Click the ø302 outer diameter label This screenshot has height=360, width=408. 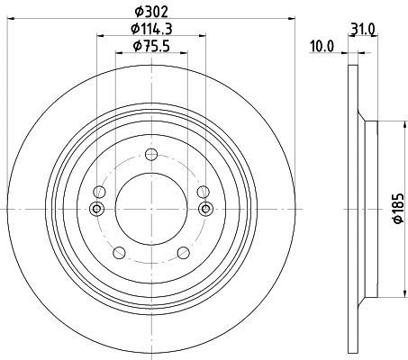[x=150, y=11]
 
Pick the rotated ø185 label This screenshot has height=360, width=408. [x=395, y=210]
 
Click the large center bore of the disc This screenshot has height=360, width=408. [x=150, y=209]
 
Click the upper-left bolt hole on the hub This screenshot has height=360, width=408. [x=98, y=192]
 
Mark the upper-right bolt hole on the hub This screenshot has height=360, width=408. [x=203, y=192]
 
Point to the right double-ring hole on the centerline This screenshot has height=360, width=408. [x=205, y=209]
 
